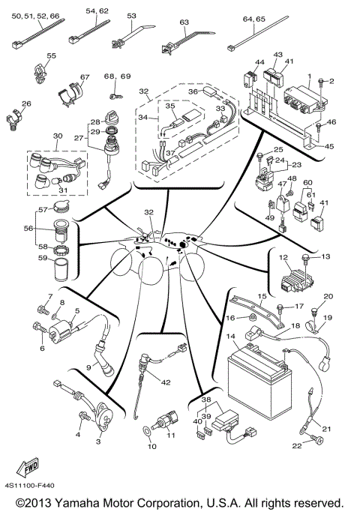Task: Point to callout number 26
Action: pyautogui.click(x=26, y=103)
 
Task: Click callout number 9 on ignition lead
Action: pyautogui.click(x=88, y=367)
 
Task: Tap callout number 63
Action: pyautogui.click(x=183, y=22)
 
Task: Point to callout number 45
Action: pyautogui.click(x=331, y=146)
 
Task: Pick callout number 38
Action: pyautogui.click(x=205, y=400)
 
